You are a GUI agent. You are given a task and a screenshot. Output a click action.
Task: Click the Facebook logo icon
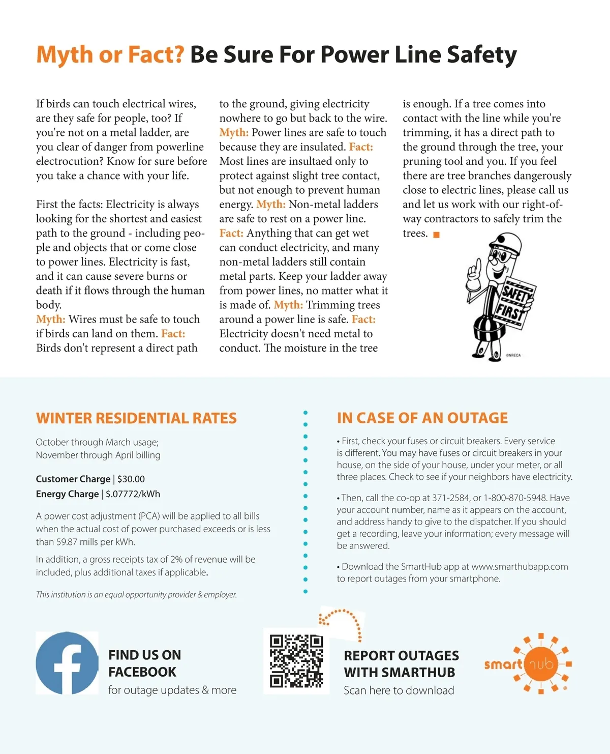(x=67, y=663)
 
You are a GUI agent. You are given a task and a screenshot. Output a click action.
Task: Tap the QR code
(x=296, y=661)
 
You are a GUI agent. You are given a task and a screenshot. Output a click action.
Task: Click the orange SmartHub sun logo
(x=541, y=663)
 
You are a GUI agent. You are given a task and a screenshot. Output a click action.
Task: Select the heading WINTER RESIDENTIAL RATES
(x=136, y=418)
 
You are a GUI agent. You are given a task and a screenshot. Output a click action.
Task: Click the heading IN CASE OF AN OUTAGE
(x=422, y=418)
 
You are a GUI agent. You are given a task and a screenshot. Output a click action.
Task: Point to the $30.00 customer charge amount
(x=131, y=479)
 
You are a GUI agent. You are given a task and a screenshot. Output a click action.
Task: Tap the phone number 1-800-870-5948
(x=515, y=498)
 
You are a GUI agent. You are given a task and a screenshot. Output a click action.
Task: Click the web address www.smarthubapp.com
(x=520, y=567)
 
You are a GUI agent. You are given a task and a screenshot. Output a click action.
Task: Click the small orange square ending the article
(x=436, y=235)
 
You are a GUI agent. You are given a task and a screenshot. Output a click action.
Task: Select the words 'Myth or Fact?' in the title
(x=110, y=55)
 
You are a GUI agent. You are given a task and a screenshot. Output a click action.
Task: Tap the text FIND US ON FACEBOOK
(x=144, y=663)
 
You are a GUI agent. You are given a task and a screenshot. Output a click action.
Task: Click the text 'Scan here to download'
(x=399, y=690)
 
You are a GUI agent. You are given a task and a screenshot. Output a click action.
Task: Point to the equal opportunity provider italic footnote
(x=136, y=595)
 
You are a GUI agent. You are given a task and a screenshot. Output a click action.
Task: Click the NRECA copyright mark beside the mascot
(x=513, y=355)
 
